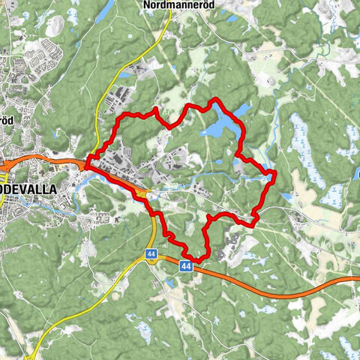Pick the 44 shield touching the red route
[x=186, y=265]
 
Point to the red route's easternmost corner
[x=275, y=175]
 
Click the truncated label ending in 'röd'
[x=6, y=120]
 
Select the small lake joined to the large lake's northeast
[x=241, y=111]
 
